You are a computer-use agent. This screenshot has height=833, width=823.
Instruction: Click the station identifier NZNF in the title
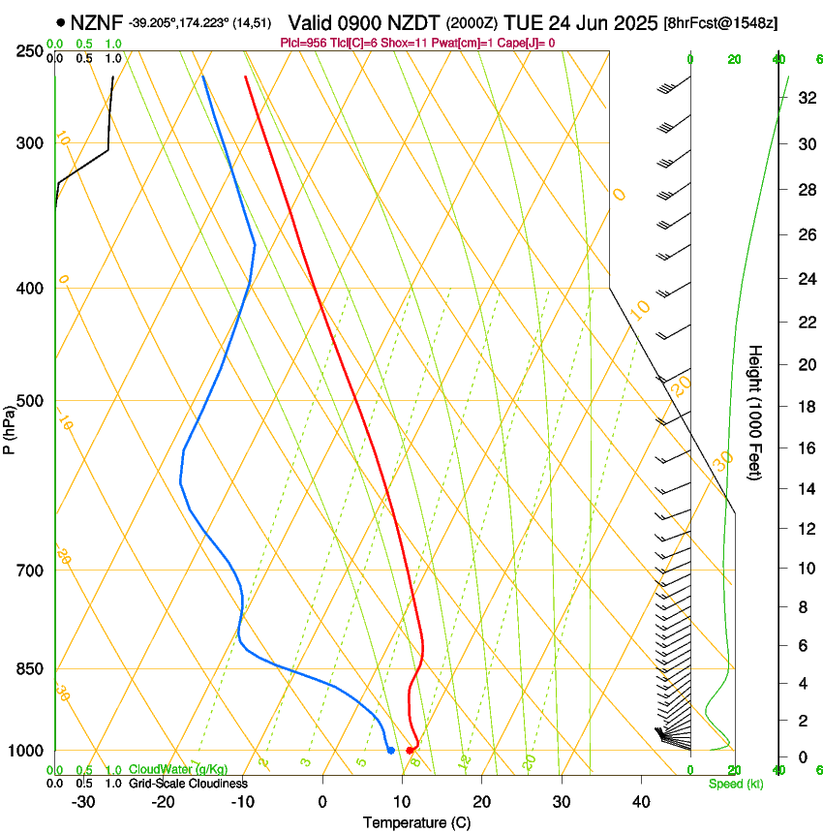point(97,21)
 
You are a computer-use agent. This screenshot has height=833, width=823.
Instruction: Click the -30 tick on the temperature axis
point(83,801)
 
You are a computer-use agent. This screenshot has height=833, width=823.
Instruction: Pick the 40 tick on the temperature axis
point(641,801)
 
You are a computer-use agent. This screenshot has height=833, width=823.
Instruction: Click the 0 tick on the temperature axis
point(322,801)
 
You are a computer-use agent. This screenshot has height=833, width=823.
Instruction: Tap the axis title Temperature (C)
point(417,822)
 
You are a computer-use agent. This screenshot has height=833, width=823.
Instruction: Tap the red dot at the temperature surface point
point(410,751)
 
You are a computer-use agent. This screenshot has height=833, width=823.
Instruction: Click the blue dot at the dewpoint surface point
point(390,751)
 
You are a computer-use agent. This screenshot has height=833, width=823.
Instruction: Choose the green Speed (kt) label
point(735,784)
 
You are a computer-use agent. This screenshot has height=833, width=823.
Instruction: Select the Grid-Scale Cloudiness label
point(188,784)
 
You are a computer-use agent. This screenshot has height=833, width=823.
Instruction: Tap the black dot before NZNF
point(61,21)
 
